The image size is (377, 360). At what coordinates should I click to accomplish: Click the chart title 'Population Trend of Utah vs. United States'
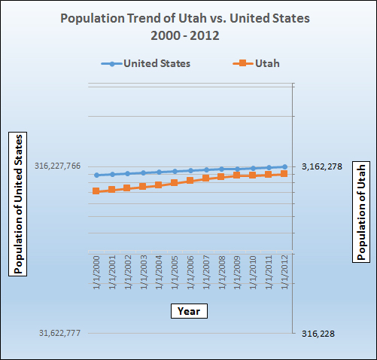click(189, 17)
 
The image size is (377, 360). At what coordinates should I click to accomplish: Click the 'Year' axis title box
click(188, 310)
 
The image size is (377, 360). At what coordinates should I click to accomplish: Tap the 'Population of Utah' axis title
click(361, 212)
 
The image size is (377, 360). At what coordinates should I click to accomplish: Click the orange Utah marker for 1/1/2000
click(96, 191)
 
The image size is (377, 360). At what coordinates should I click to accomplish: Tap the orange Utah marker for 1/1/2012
click(284, 174)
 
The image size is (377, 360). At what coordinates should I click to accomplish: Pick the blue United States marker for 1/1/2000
click(96, 175)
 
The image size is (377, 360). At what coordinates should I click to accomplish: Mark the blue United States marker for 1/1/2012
click(284, 166)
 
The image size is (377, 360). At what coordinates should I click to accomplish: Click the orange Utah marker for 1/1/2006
click(190, 181)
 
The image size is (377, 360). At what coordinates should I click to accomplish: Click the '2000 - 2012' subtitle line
click(189, 35)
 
